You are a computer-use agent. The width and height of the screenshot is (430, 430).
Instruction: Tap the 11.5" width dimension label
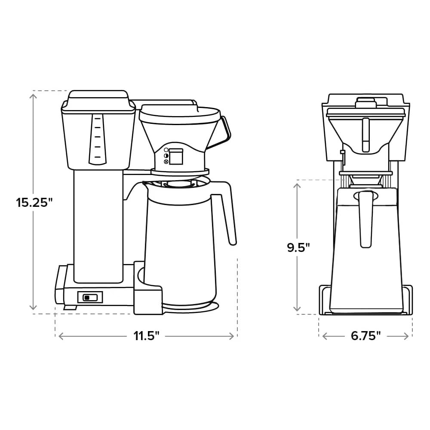pos(146,336)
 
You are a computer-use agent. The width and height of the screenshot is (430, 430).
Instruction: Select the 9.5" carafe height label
pos(298,248)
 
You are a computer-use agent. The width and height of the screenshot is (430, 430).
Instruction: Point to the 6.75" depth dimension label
pos(366,336)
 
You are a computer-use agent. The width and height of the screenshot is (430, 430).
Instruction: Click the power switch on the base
pos(90,297)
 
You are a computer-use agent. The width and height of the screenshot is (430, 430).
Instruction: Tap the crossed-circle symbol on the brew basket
pos(166,162)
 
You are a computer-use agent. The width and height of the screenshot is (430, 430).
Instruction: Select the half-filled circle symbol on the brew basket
pos(166,156)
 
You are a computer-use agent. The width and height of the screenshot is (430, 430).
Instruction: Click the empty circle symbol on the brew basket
pos(166,150)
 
